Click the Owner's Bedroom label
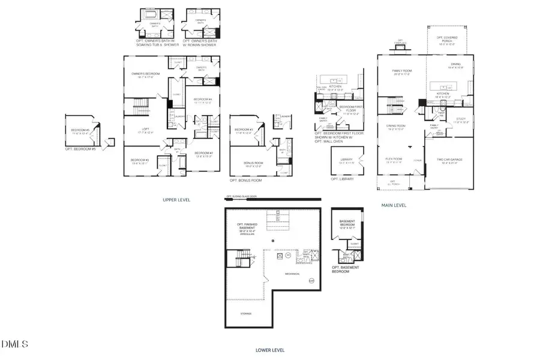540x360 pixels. [144, 75]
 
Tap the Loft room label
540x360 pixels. [143, 130]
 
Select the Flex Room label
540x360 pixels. [393, 160]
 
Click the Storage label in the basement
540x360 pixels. [247, 314]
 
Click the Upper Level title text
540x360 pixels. [176, 199]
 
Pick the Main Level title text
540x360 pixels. [394, 205]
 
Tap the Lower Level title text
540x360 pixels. [269, 350]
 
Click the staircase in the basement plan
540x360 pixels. [233, 260]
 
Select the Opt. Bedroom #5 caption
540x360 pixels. [80, 148]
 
